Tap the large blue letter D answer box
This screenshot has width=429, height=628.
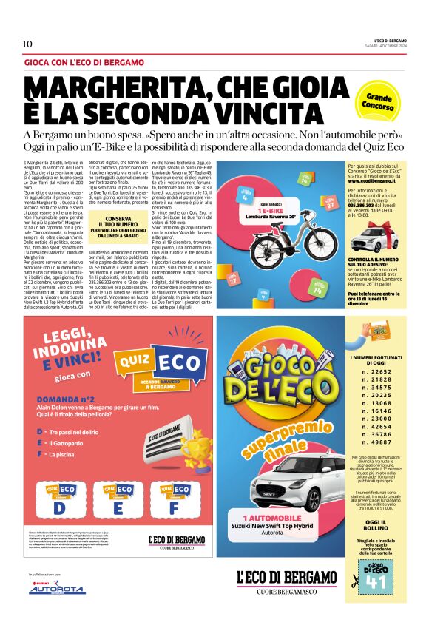point(61,507)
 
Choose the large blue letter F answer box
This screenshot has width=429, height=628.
point(174,507)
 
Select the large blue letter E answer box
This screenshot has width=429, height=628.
point(118,507)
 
